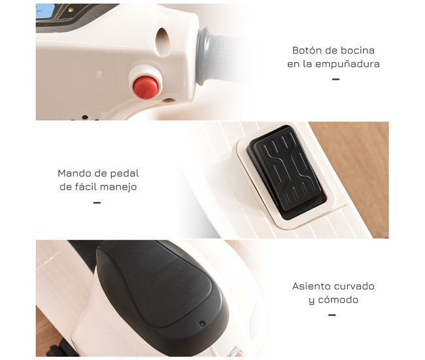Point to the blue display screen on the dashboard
tap(45, 10)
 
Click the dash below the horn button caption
tap(335, 79)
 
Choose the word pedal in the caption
tap(124, 173)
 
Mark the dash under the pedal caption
tap(97, 203)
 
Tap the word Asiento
tap(313, 286)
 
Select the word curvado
tap(356, 286)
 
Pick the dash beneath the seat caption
tap(331, 315)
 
